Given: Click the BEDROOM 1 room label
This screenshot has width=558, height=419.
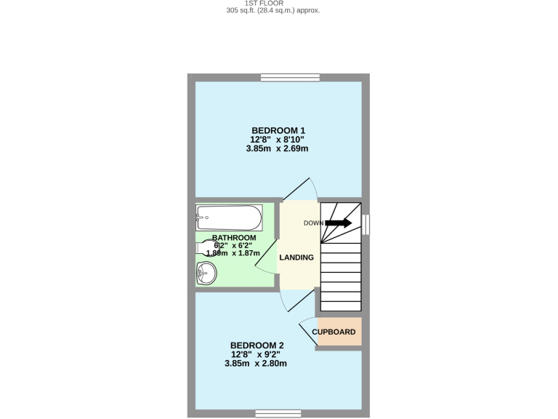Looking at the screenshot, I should click(x=278, y=130).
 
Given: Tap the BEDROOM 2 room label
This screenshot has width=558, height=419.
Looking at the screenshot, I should click(x=256, y=345).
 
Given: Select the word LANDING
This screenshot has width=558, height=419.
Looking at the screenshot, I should click(x=296, y=257).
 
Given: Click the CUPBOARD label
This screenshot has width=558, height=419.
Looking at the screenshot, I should click(x=334, y=332).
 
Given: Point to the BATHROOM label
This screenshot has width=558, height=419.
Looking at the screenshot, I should click(x=234, y=238).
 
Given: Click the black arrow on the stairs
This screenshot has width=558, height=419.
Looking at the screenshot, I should click(x=339, y=223).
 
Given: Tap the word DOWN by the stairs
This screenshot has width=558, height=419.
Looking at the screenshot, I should click(x=313, y=223).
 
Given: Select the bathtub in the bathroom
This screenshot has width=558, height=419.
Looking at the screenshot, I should click(x=229, y=217).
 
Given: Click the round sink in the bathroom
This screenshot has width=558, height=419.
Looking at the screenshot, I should click(x=206, y=274).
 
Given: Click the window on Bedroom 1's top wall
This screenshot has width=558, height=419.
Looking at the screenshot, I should click(x=291, y=78).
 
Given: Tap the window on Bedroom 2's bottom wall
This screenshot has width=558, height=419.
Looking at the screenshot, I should click(x=278, y=413).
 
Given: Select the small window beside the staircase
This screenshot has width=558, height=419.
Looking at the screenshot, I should click(x=365, y=224).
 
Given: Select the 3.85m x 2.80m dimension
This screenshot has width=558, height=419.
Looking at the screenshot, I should click(x=256, y=363).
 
